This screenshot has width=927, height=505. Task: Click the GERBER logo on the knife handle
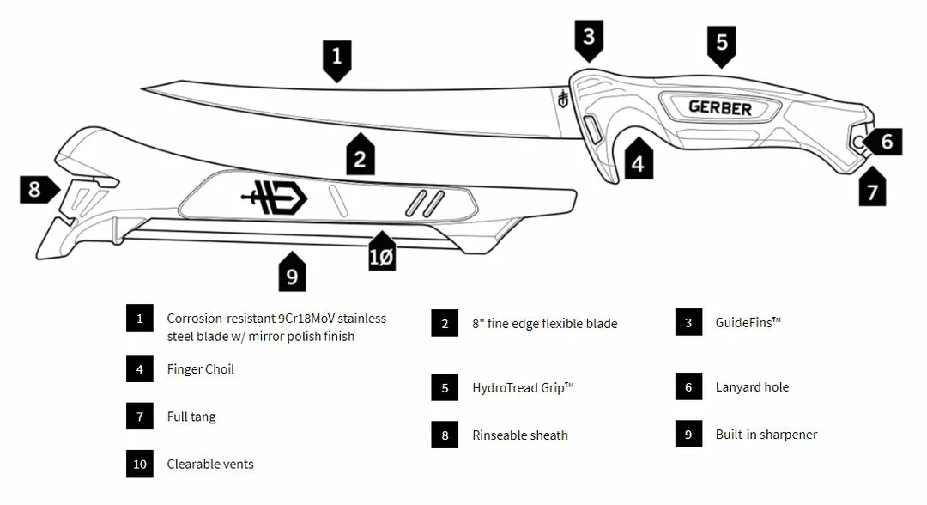pyautogui.click(x=719, y=108)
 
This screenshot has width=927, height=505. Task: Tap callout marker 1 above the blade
pyautogui.click(x=336, y=58)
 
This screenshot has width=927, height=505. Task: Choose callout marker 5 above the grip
pyautogui.click(x=722, y=42)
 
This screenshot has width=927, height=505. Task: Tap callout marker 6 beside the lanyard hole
pyautogui.click(x=887, y=140)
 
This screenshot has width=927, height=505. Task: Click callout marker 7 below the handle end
pyautogui.click(x=872, y=190)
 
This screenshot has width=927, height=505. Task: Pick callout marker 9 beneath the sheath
pyautogui.click(x=292, y=275)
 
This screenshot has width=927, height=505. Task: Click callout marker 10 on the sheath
pyautogui.click(x=382, y=256)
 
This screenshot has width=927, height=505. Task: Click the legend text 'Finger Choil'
pyautogui.click(x=201, y=369)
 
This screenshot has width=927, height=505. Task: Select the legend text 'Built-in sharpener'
pyautogui.click(x=766, y=435)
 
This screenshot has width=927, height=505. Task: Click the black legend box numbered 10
pyautogui.click(x=139, y=464)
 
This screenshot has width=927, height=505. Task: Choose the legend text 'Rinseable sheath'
pyautogui.click(x=520, y=435)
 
